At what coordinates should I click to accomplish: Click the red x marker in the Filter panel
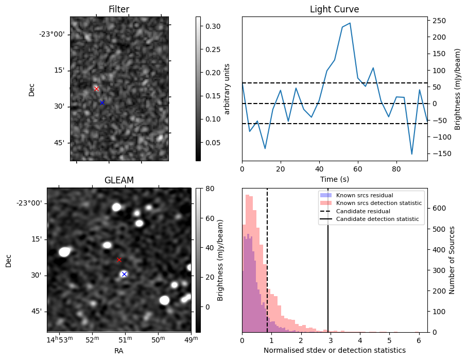[x=96, y=89]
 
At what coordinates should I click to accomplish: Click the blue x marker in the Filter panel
[x=102, y=102]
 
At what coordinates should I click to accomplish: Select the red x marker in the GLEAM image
[x=119, y=260]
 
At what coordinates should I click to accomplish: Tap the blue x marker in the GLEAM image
[x=124, y=274]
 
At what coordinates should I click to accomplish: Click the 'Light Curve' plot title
[x=334, y=9]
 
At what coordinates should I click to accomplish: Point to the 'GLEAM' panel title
[x=119, y=180]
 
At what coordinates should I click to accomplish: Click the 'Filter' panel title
[x=119, y=9]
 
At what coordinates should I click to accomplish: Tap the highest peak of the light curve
[x=350, y=23]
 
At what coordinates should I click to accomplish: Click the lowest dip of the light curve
[x=412, y=154]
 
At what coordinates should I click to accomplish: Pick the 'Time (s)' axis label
[x=334, y=178]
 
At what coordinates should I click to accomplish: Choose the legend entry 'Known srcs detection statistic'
[x=378, y=203]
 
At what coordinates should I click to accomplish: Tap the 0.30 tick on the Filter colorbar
[x=213, y=26]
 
